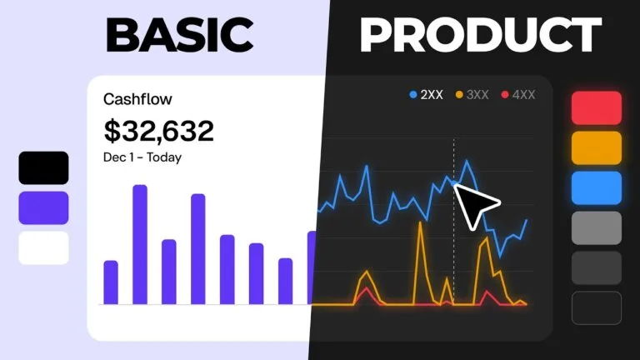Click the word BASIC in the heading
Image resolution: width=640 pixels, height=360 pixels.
180,35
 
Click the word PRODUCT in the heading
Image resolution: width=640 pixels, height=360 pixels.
480,35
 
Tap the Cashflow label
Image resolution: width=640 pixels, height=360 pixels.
137,99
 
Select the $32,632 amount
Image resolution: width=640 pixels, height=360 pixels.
159,131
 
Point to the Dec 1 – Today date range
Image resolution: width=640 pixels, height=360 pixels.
142,157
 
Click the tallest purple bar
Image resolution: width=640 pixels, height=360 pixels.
140,244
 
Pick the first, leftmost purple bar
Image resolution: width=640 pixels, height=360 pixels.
111,282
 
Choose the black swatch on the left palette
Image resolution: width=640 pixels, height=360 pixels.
43,167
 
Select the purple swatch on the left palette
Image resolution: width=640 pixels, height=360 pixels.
43,207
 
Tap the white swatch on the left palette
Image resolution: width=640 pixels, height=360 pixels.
43,247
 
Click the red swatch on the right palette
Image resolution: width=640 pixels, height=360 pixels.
597,107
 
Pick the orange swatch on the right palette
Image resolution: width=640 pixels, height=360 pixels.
597,147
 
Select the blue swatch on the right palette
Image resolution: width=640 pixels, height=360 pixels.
597,187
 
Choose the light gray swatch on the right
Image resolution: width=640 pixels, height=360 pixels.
597,227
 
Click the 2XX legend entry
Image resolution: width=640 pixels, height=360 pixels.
426,95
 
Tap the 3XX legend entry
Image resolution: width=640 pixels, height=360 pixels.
472,95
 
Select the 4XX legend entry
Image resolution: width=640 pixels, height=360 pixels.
518,95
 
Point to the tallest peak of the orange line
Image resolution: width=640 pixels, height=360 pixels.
420,222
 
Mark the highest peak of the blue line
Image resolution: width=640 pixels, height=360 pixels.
467,161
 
